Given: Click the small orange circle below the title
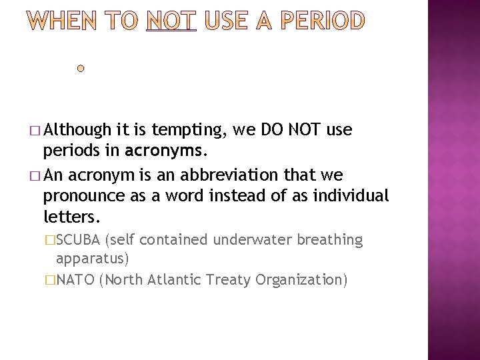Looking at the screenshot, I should coord(81,69).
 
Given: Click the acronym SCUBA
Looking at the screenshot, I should coord(79,239).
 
